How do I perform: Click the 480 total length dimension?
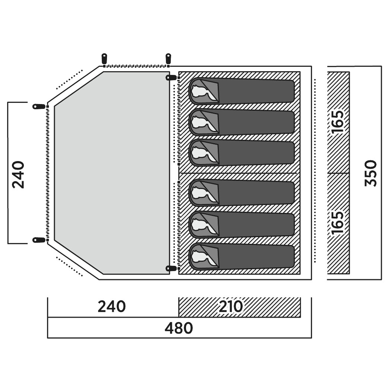coord(179,328)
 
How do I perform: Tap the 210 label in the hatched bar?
coord(230,306)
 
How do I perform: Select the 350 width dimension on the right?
coord(371,173)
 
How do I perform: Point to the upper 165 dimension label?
coord(337,122)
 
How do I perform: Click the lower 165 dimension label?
coord(337,223)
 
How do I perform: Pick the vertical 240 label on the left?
coord(18,175)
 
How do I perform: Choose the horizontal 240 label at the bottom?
coord(112,306)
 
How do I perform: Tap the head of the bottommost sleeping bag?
coord(204,257)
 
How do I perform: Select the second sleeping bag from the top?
coord(242,122)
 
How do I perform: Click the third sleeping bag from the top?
coord(242,152)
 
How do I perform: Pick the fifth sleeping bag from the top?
coord(242,224)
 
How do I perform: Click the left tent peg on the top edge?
coord(104,59)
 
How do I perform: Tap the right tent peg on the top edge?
coord(169,59)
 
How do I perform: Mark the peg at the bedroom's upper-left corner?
coord(172,78)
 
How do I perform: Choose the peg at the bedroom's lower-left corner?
coord(172,268)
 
